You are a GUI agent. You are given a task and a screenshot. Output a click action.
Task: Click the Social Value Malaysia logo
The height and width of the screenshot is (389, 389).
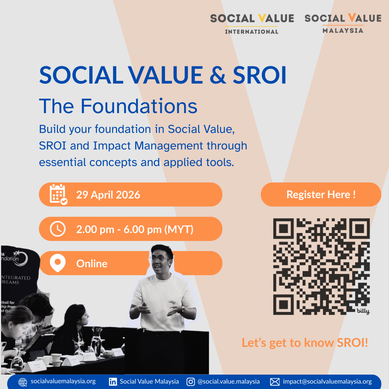(x=343, y=23)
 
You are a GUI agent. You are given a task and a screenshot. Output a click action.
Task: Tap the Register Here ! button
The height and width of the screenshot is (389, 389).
(x=321, y=194)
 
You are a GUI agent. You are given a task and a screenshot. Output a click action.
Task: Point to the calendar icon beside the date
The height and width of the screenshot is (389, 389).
(x=58, y=194)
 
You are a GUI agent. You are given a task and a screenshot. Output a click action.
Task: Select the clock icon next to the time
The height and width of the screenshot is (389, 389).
(x=58, y=229)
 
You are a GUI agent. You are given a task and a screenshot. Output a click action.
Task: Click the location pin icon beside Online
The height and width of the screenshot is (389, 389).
(x=58, y=263)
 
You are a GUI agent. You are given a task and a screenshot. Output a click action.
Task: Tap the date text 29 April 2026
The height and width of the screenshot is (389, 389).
(x=108, y=195)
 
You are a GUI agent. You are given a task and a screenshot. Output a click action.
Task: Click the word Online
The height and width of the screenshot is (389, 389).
(x=92, y=264)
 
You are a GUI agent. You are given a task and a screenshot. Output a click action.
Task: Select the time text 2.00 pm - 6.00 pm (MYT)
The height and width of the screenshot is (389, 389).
(x=135, y=229)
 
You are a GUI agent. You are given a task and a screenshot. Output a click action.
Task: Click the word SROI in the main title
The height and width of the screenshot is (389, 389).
(x=259, y=75)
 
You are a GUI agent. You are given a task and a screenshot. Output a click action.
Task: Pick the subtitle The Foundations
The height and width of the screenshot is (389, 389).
(x=118, y=106)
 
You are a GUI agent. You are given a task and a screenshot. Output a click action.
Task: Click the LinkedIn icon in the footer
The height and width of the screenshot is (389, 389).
(x=113, y=382)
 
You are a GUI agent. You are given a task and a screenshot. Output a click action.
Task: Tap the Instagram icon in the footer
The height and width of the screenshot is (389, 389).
(x=191, y=382)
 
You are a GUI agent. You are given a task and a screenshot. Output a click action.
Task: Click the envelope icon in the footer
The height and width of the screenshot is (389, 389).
(x=275, y=382)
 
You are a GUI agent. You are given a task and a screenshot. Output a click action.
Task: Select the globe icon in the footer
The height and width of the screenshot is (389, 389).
(x=23, y=382)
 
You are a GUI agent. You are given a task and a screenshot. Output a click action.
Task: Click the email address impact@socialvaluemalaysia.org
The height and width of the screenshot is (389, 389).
(x=327, y=381)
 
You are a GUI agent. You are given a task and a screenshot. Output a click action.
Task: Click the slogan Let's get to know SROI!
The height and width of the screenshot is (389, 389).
(x=305, y=343)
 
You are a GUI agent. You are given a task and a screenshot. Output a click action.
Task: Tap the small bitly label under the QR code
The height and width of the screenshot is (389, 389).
(x=363, y=311)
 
